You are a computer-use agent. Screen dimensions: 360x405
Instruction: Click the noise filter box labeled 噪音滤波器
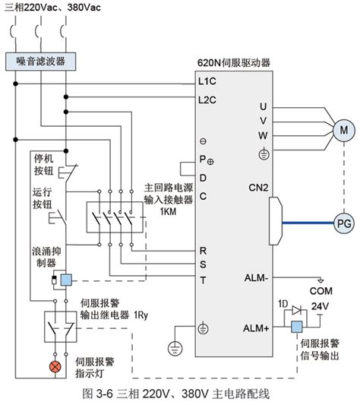(40, 62)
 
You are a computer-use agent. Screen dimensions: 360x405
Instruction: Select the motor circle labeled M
(344, 130)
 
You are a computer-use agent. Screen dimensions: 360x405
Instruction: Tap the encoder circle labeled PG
(344, 223)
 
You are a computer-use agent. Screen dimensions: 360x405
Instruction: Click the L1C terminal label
(207, 81)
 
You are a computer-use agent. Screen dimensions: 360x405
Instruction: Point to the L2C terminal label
(207, 100)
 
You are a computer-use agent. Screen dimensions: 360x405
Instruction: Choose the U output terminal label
(263, 106)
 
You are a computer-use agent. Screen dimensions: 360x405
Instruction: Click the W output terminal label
(263, 135)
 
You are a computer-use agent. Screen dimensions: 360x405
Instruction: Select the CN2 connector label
(258, 188)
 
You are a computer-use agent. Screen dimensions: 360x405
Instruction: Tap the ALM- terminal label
(256, 278)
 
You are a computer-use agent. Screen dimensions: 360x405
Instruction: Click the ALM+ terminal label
(256, 328)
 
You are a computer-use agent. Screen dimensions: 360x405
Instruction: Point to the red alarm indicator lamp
(55, 367)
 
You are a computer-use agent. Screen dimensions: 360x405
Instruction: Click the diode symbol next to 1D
(296, 310)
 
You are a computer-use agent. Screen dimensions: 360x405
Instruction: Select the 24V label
(320, 306)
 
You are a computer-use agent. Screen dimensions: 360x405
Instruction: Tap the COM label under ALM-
(321, 291)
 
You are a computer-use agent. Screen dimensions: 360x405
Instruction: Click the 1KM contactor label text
(168, 211)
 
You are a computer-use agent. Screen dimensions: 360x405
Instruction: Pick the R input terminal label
(203, 251)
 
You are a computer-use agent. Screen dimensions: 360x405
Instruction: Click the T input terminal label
(203, 280)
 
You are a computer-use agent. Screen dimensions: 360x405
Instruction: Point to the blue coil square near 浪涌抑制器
(66, 280)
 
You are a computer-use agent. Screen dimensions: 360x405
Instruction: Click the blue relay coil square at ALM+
(297, 327)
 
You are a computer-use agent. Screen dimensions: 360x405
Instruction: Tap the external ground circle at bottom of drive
(175, 348)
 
